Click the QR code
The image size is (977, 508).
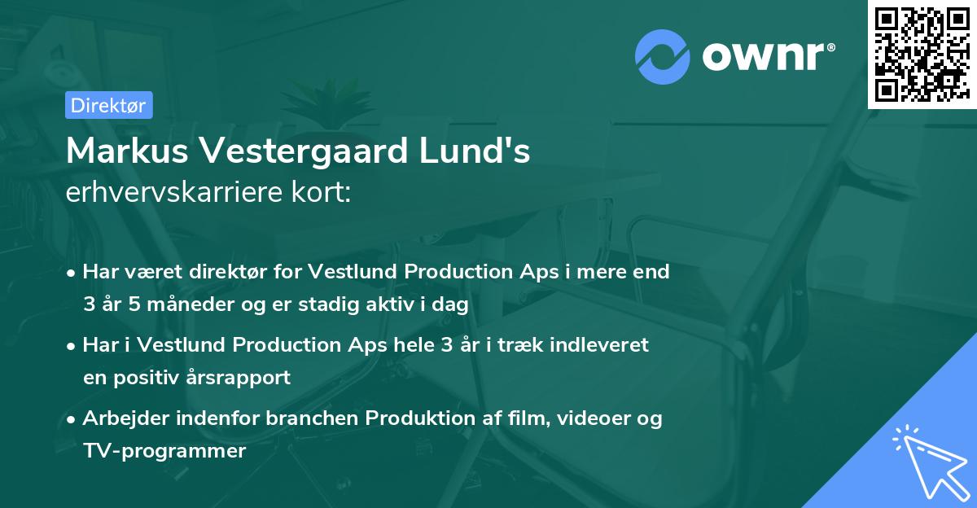point(922,54)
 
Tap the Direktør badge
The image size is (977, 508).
point(108,105)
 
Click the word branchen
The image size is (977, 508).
point(316,418)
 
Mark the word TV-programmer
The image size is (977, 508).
point(164,451)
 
